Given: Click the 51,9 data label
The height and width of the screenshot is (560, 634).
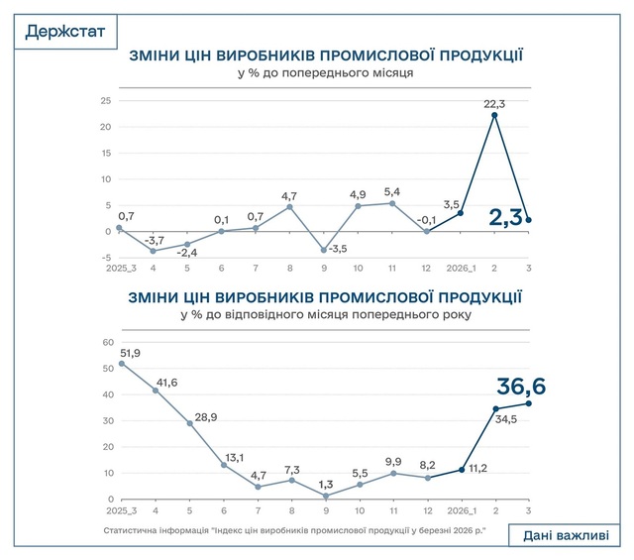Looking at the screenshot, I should tap(128, 354).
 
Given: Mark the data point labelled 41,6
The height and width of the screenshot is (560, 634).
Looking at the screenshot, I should tap(155, 390).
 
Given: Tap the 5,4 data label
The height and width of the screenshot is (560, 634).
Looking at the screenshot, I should tap(391, 191).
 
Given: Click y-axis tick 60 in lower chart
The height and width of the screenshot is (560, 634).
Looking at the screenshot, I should tap(108, 342).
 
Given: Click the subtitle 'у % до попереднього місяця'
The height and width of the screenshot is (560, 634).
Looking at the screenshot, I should tap(326, 72).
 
